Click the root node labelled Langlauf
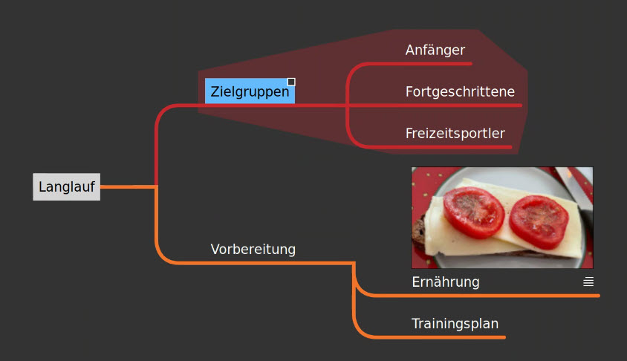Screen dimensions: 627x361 click(x=66, y=186)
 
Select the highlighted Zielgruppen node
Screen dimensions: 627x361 click(x=250, y=91)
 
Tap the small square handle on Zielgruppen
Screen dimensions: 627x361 click(x=291, y=82)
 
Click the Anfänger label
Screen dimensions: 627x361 click(x=435, y=50)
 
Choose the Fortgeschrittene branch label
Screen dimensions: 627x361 click(x=460, y=91)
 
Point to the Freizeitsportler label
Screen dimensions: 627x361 click(x=455, y=133)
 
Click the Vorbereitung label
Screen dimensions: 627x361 click(x=253, y=249)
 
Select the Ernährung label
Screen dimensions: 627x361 click(x=446, y=282)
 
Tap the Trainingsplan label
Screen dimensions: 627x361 click(x=455, y=323)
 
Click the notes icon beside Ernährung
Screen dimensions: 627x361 click(x=588, y=282)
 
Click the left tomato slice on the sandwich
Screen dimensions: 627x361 click(x=473, y=212)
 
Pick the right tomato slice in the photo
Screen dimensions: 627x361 click(x=539, y=221)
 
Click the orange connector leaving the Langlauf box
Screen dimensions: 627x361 click(x=128, y=186)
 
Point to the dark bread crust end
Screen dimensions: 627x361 click(x=418, y=235)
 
